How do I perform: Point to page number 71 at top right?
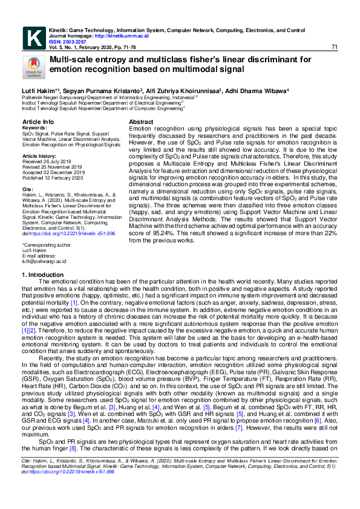[335, 48]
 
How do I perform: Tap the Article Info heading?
[38, 122]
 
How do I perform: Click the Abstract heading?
[141, 122]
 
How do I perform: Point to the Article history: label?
[40, 156]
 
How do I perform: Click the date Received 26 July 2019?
[46, 161]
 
